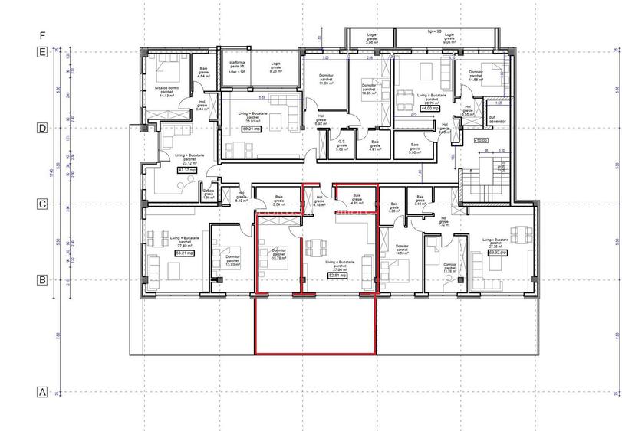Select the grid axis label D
pos(43,128)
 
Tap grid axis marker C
pos(43,204)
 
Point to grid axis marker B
pos(43,280)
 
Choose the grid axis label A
pos(43,392)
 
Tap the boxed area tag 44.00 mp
pos(429,109)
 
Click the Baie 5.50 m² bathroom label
pos(414,148)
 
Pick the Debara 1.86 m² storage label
pos(208,194)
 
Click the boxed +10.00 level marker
pos(481,141)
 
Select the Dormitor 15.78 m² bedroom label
pos(278,254)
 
